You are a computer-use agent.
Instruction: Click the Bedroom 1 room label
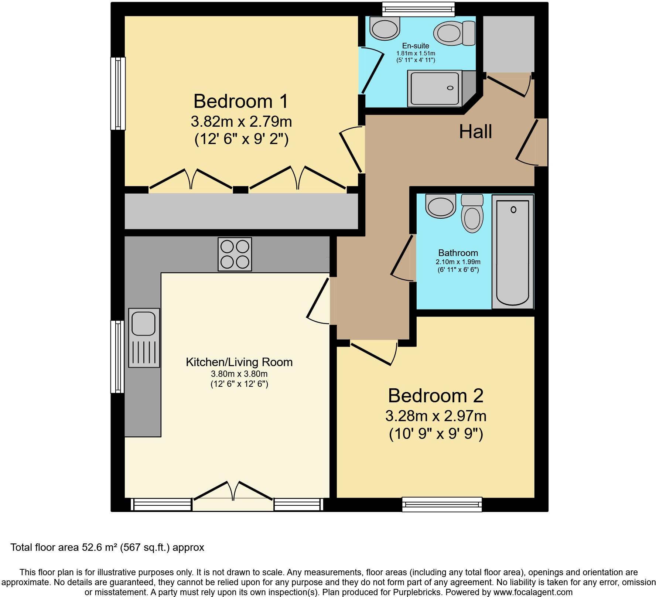[240, 101]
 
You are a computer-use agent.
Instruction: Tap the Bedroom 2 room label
[435, 396]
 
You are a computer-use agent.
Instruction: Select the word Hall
[475, 132]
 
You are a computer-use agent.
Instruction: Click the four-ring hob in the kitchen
[235, 254]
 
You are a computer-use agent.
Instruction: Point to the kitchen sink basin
[144, 323]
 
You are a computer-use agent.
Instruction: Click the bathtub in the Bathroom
[513, 251]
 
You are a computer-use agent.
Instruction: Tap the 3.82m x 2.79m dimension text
[241, 121]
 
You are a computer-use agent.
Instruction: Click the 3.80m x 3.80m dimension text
[239, 374]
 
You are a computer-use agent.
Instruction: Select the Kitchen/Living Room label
[239, 362]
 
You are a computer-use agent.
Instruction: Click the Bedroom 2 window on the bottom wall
[442, 504]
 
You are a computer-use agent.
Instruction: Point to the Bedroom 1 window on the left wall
[118, 93]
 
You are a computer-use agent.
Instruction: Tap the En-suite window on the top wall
[418, 8]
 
